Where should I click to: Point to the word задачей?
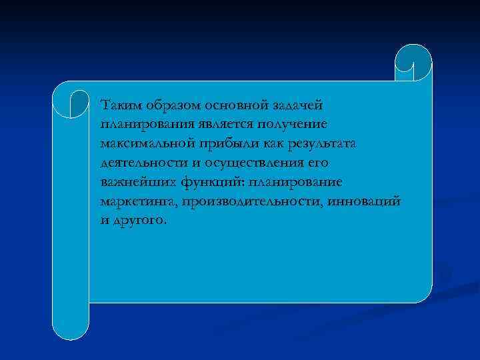[297, 105]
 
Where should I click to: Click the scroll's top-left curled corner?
[71, 99]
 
